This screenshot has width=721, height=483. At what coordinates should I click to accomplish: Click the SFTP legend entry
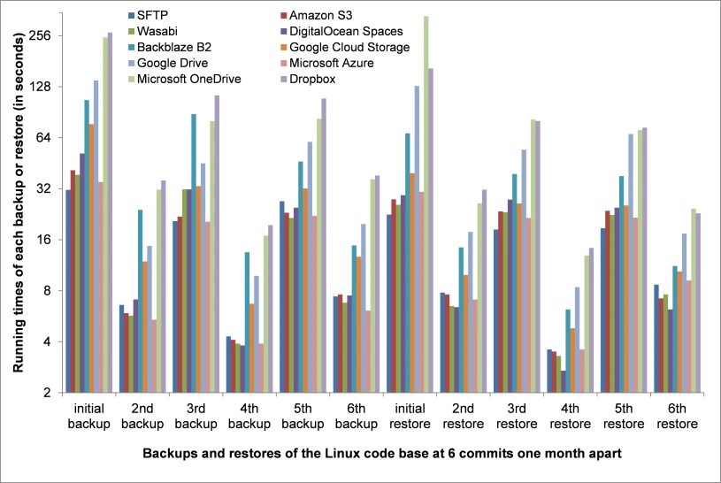148,16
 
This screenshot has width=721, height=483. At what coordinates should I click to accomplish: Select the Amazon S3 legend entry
317,16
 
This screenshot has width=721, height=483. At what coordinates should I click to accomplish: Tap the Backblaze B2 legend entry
170,48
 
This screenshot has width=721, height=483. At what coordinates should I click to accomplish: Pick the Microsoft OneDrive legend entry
184,79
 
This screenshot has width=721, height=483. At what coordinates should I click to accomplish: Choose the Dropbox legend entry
308,79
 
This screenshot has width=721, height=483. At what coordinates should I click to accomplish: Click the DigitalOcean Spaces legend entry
341,31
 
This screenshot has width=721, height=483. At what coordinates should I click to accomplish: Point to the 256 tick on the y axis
40,36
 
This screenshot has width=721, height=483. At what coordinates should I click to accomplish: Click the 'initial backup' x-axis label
88,417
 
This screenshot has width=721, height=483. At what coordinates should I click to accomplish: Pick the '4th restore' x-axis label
571,417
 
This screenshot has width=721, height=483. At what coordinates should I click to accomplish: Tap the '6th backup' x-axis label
357,417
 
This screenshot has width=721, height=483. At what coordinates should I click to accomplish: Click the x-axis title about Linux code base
382,454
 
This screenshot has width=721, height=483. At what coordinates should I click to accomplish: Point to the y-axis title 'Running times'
19,203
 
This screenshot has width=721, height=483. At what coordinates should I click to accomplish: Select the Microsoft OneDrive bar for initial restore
426,204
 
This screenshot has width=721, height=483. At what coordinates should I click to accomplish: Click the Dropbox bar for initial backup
110,212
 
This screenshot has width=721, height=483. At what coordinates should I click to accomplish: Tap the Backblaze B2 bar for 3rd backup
194,254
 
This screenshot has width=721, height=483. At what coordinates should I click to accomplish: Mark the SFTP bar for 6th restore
656,339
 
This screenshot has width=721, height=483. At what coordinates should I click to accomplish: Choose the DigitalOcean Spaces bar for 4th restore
564,382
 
